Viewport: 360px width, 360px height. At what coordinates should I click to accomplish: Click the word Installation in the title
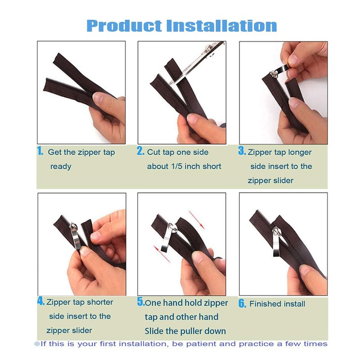coord(221,26)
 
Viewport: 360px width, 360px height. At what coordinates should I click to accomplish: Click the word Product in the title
coord(124,26)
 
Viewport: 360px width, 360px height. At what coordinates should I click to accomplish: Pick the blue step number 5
coord(141,301)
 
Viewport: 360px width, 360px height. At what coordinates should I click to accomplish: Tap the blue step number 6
coord(242,303)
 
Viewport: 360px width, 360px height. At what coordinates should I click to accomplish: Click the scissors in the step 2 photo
coord(195,63)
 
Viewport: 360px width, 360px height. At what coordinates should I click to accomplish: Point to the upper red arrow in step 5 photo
coord(197,220)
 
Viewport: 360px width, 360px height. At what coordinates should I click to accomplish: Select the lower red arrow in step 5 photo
coord(162,254)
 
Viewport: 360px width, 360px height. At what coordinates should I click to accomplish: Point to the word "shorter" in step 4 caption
coord(100,302)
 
